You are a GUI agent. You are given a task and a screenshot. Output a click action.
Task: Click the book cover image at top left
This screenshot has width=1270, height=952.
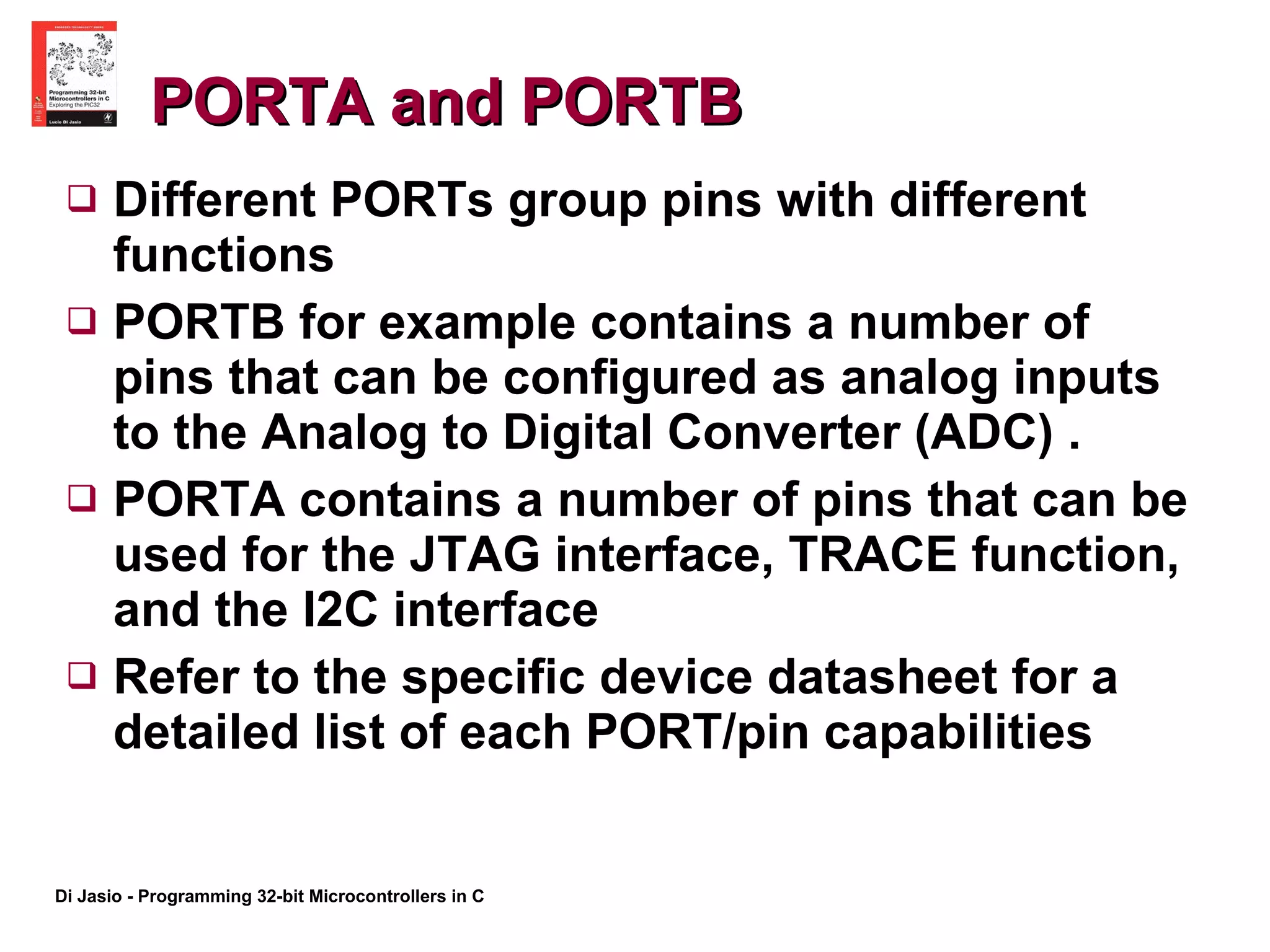(x=74, y=74)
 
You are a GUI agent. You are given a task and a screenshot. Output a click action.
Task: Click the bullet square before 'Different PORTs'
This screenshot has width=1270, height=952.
(x=82, y=199)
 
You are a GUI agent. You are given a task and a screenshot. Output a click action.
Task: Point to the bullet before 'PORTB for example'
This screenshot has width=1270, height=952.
(x=82, y=321)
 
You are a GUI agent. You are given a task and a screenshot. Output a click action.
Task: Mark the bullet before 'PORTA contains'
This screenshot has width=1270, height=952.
(x=82, y=499)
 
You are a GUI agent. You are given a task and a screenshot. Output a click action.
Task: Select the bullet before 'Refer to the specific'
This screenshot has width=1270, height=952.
(x=82, y=676)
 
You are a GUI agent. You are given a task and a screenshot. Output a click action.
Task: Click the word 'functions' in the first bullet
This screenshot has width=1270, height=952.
(x=223, y=255)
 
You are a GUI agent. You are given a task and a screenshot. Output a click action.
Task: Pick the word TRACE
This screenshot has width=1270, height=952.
(x=872, y=554)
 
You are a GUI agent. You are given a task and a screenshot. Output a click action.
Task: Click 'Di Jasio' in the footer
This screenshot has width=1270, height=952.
(x=88, y=896)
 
